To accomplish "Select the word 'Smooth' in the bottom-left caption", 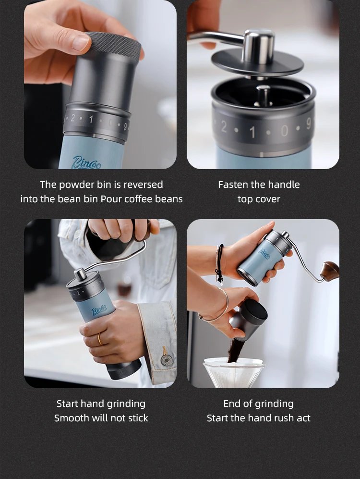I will tap(72, 418).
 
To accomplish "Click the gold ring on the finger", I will tap(100, 339).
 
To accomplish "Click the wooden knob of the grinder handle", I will tap(330, 270).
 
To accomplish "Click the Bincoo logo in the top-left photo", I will tap(86, 162).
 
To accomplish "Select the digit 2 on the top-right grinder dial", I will tap(224, 127).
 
